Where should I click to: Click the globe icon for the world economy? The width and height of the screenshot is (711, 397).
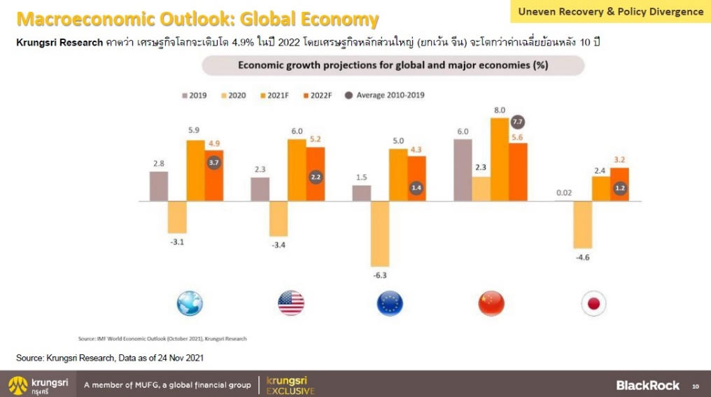click(190, 303)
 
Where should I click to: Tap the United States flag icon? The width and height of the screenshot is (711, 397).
click(290, 303)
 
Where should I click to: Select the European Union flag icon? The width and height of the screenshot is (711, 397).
click(390, 303)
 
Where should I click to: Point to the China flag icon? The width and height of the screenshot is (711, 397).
click(491, 303)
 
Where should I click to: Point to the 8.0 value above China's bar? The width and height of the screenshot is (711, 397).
click(499, 111)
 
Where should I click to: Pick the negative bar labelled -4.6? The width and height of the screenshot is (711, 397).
click(582, 225)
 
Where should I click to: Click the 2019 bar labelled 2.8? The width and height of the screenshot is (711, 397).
click(159, 186)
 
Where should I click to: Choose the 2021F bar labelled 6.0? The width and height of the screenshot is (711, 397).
click(297, 170)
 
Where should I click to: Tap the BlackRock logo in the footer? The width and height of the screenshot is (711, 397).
click(647, 385)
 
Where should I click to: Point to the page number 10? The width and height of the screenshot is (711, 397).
click(696, 386)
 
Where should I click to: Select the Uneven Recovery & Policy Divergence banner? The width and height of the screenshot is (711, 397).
click(611, 12)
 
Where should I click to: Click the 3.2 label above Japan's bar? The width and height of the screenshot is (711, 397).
click(619, 160)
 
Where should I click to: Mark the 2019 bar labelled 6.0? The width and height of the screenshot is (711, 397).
click(463, 170)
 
